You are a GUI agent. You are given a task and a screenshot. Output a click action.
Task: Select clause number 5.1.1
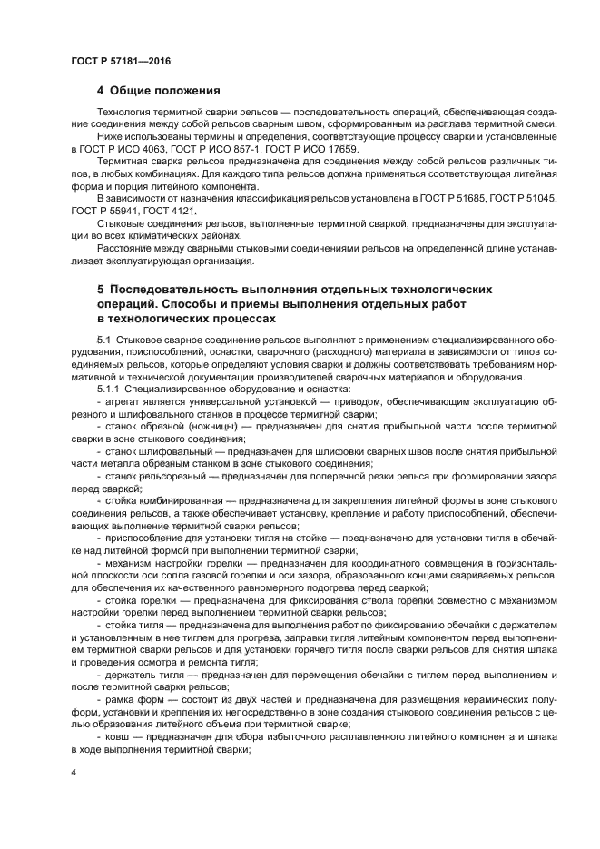[x=109, y=387]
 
